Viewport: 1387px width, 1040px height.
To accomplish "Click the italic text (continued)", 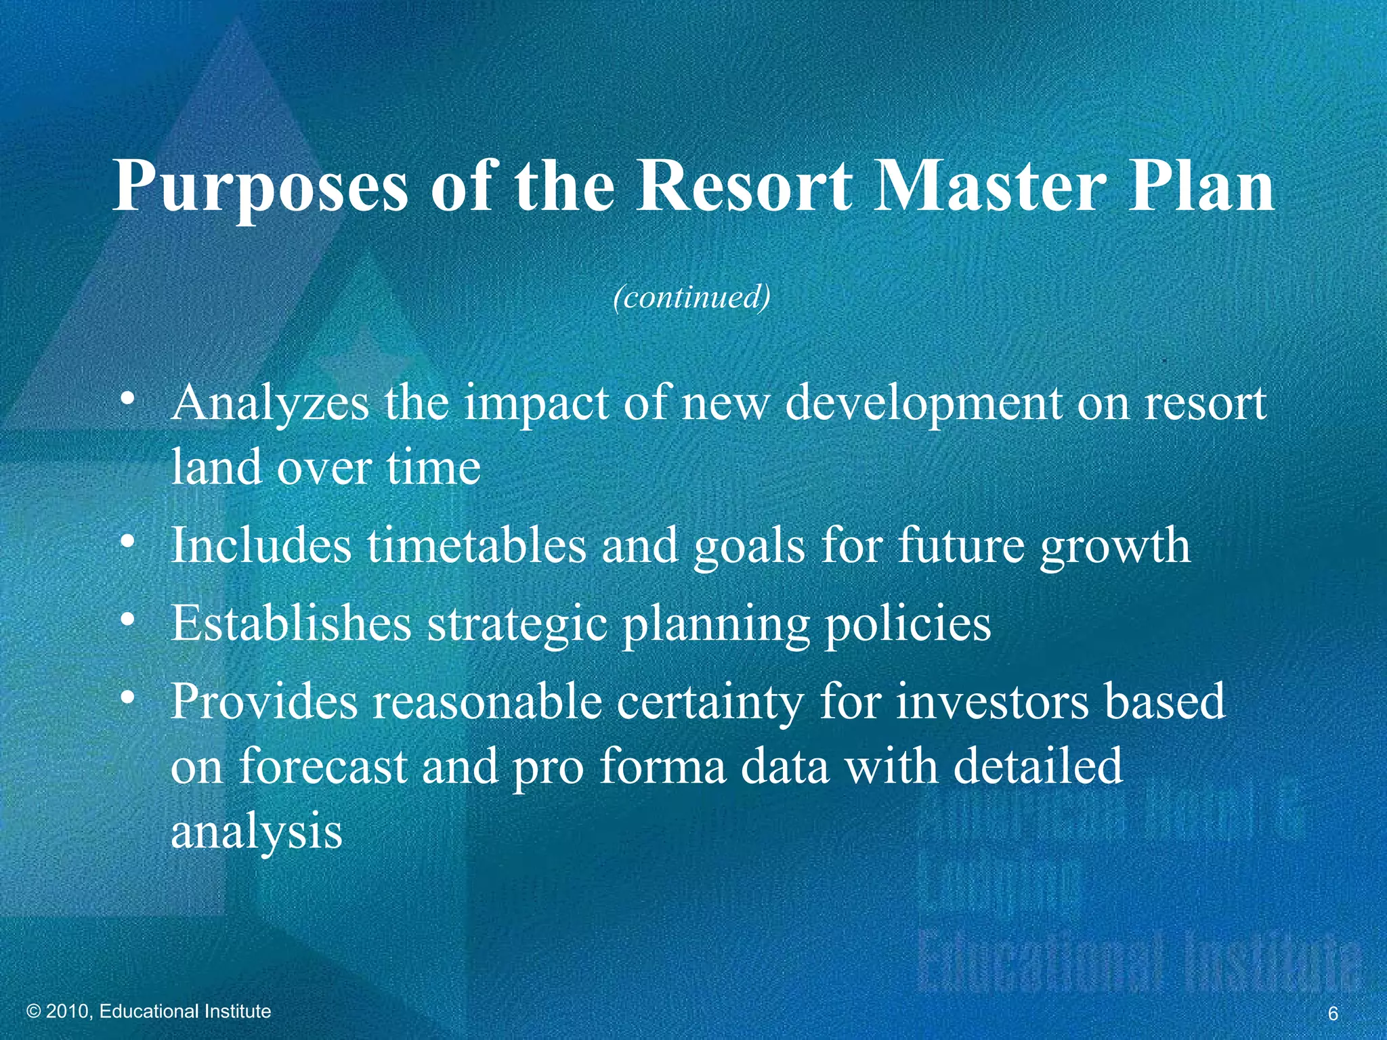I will point(691,297).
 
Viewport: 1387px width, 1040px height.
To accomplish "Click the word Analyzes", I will point(270,404).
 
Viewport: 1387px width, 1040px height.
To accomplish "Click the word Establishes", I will point(291,622).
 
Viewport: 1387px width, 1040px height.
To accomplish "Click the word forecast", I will point(323,766).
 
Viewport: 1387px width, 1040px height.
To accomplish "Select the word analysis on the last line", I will point(257,833).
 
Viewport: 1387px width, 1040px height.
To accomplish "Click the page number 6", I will point(1333,1014).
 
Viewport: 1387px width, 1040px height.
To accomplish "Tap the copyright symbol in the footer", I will point(34,1012).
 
